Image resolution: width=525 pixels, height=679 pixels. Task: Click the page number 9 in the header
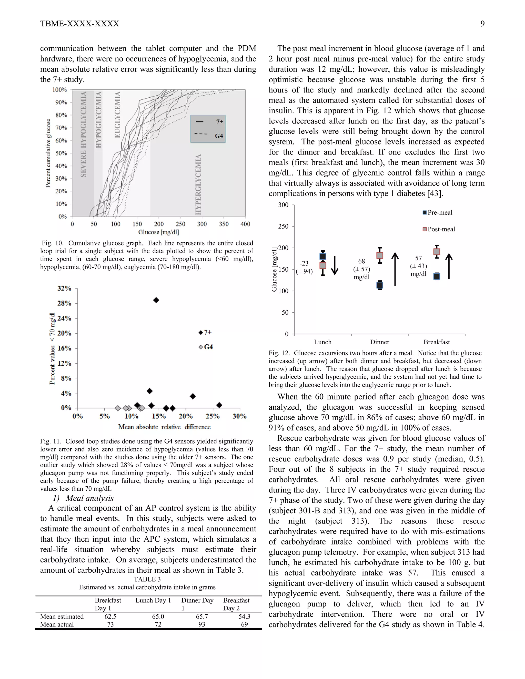coord(482,24)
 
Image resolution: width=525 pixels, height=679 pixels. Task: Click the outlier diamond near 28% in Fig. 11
coord(156,300)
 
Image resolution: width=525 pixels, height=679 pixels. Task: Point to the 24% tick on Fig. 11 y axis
coord(64,318)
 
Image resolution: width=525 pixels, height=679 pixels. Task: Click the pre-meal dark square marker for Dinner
coord(380,285)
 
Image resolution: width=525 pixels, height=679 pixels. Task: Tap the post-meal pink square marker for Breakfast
coord(437,252)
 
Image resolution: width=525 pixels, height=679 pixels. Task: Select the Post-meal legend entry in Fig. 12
coord(439,229)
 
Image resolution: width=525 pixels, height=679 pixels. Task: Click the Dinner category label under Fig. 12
coord(379,342)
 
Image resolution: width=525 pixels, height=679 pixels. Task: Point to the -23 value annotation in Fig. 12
coord(304,263)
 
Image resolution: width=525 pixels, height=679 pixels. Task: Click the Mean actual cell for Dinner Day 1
coord(201,624)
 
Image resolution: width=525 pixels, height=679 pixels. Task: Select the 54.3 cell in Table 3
coord(244,616)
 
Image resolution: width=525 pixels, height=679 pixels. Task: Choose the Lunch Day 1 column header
coord(153,600)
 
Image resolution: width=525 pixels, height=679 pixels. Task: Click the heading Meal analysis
coord(89,498)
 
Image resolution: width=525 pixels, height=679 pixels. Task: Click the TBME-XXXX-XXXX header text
coord(80,24)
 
